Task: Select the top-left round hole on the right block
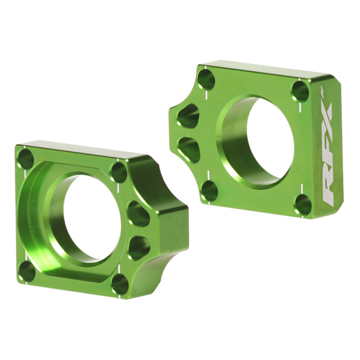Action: [206, 79]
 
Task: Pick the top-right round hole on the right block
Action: [300, 91]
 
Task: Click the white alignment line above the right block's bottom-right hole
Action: [302, 188]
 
